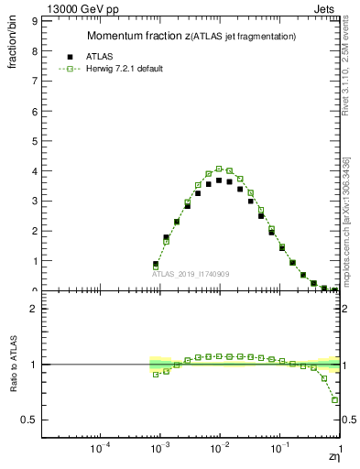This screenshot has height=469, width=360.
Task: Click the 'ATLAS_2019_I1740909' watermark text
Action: click(191, 275)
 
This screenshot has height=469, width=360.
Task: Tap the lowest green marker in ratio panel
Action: click(335, 399)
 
